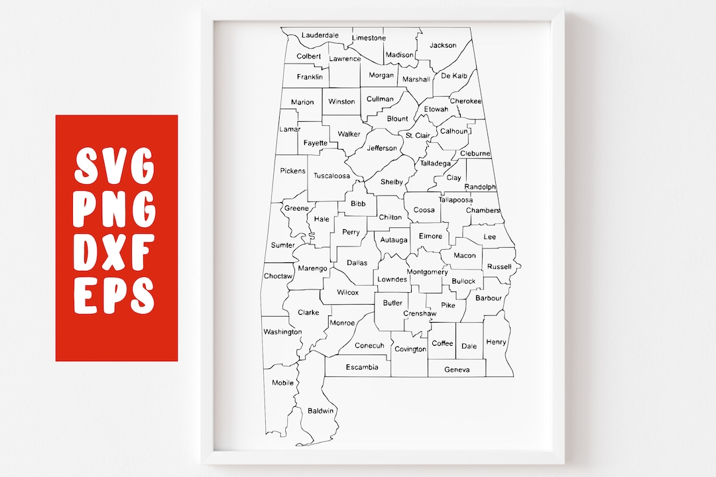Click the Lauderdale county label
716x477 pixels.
[320, 35]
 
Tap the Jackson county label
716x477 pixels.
[443, 45]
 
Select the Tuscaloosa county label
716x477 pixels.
[331, 176]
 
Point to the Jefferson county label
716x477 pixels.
[382, 148]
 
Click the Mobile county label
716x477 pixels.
[282, 383]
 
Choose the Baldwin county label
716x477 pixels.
[321, 411]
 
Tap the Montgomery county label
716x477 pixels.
[427, 272]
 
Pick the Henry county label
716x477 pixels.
[496, 343]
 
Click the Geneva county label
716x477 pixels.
[457, 370]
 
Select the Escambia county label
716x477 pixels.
[362, 367]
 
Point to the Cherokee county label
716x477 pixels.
[465, 101]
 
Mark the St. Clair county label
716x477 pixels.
[418, 136]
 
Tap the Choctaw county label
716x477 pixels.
[278, 276]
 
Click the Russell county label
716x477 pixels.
[499, 267]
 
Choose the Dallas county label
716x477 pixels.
[357, 263]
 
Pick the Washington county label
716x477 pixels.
[282, 332]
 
